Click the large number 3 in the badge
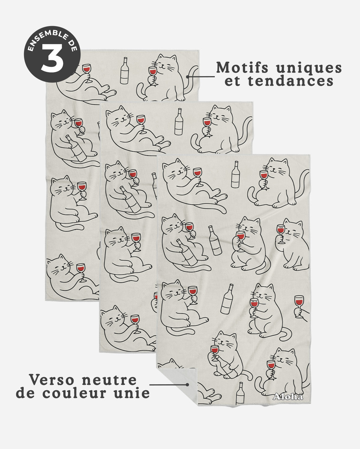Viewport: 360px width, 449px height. click(52, 58)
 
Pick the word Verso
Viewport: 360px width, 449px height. click(51, 380)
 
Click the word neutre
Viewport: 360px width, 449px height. click(109, 380)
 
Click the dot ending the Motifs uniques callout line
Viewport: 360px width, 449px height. click(187, 76)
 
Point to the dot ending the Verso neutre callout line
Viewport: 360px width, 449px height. click(187, 385)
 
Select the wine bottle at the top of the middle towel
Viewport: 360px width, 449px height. click(179, 122)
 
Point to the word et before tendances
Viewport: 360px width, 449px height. click(232, 81)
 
